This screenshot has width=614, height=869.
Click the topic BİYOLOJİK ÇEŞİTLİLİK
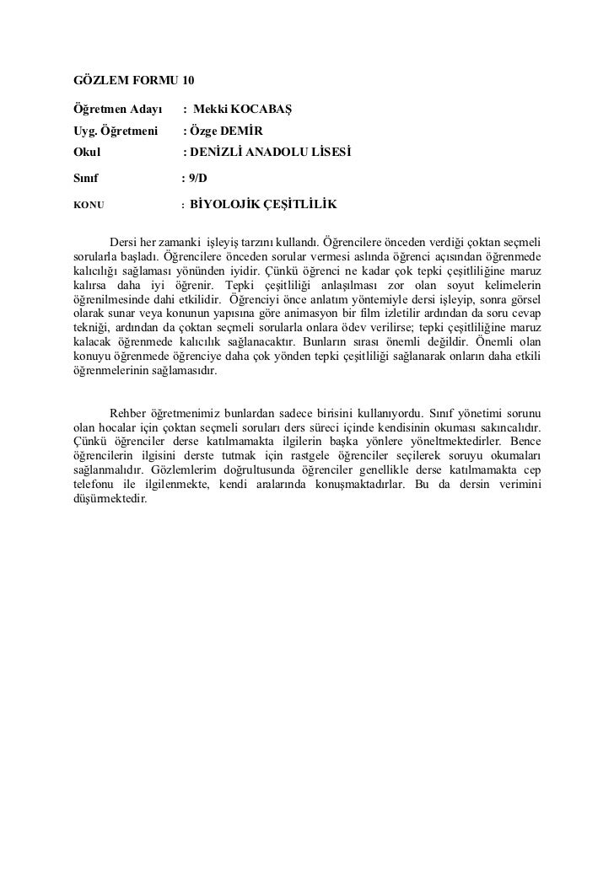[x=264, y=204]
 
